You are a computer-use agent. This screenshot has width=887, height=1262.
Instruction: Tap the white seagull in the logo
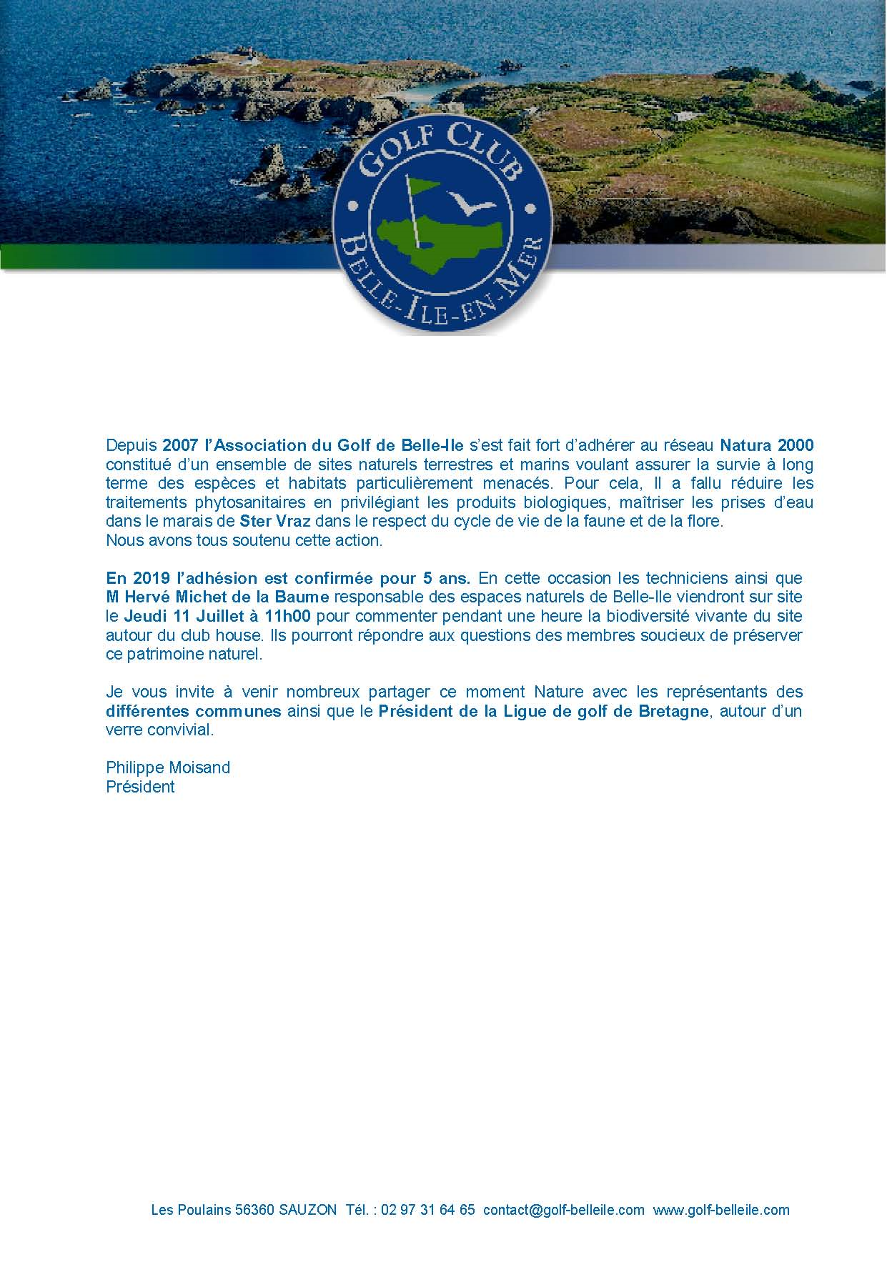point(469,203)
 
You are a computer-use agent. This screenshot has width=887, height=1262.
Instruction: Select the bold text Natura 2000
point(766,445)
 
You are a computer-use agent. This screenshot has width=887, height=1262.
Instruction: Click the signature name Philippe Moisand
point(168,767)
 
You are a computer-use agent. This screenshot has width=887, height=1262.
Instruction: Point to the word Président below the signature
point(140,787)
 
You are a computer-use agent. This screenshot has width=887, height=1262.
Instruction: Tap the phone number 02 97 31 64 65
point(428,1210)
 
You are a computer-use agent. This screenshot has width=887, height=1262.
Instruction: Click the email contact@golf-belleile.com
point(564,1210)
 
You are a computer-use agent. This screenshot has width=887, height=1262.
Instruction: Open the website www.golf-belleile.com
point(721,1210)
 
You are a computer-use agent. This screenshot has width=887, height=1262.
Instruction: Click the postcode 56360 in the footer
point(255,1210)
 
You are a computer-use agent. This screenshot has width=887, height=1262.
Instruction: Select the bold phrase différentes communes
point(193,711)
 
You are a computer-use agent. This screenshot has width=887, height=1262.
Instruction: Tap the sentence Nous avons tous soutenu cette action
point(244,540)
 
